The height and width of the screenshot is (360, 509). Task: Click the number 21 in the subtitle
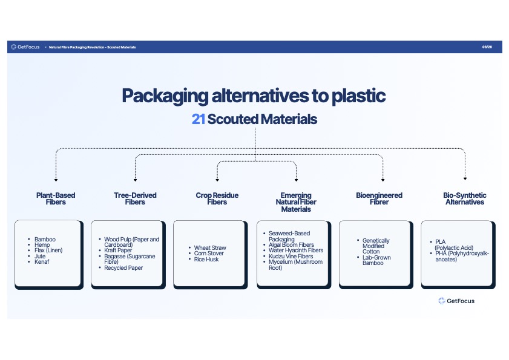pos(198,119)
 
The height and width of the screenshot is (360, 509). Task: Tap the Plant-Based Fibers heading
pos(56,198)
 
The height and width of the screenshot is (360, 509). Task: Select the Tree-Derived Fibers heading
pos(135,198)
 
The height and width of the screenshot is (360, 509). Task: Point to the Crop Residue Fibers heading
pos(217,198)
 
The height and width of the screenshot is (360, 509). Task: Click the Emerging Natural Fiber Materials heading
pos(296,202)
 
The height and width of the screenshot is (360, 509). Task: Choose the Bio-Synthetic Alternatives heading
pos(465,198)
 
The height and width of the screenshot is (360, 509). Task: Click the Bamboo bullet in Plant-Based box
pos(45,239)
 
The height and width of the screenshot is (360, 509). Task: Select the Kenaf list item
pos(42,261)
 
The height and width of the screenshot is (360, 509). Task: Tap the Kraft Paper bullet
pos(118,250)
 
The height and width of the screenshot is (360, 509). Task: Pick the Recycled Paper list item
pos(123,268)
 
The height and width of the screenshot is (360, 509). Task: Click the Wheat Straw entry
pos(210,247)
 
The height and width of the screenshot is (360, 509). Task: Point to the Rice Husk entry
pos(206,260)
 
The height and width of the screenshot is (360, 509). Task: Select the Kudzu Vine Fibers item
pos(291,256)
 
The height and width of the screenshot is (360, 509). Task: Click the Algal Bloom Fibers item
pos(291,245)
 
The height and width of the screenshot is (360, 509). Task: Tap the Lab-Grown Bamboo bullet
pos(376,260)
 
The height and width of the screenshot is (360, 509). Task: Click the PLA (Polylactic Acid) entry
pos(454,245)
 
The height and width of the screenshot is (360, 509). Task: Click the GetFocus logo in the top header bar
pos(25,47)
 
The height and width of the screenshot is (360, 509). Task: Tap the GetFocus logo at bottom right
pos(456,301)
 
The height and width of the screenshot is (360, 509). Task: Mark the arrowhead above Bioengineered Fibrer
pos(383,180)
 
